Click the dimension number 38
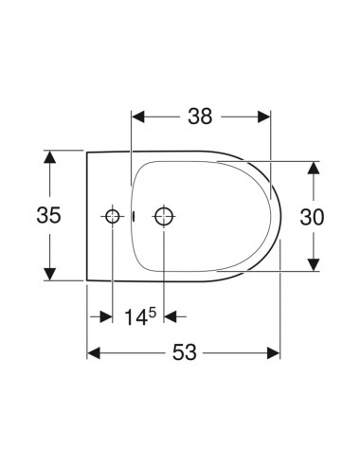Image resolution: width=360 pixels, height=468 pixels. pos(200,117)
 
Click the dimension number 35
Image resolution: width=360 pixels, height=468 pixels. pos(49,215)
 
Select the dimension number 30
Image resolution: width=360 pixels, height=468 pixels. pos(312,217)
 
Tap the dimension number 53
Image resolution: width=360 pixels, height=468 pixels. pos(185,352)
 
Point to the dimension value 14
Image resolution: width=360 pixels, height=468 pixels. pos(136,317)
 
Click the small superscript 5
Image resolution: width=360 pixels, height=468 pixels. pos(153,313)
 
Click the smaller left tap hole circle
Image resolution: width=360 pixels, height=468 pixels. pos(112,216)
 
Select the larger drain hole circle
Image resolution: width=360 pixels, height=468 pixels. pos(164,216)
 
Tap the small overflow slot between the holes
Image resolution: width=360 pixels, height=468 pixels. pos(134,216)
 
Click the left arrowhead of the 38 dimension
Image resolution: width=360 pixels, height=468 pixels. pos(138,117)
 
